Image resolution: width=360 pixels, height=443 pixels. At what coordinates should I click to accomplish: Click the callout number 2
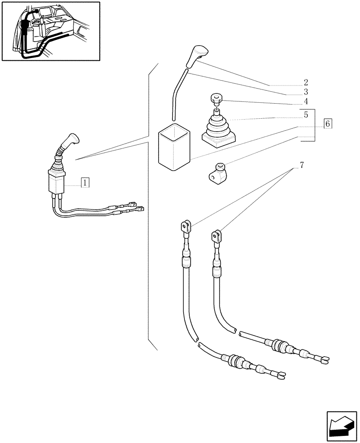coord(306,82)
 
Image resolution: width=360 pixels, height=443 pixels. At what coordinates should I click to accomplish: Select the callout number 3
coord(306,92)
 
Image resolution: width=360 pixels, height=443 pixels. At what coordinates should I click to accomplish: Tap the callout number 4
coord(306,101)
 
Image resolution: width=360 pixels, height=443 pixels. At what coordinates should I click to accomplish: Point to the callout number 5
coord(306,115)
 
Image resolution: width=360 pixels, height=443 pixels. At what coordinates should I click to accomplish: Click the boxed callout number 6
coord(327,124)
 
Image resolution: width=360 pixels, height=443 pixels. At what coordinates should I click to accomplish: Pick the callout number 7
coord(301,166)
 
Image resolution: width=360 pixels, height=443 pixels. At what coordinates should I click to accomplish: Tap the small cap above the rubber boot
coord(216,99)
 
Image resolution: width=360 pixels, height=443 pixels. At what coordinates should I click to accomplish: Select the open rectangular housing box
coord(175,146)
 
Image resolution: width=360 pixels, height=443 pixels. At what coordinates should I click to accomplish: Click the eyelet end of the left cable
coord(185,227)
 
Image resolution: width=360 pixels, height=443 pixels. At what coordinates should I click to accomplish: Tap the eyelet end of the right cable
coord(216,235)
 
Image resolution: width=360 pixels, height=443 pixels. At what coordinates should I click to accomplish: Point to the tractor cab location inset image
coord(51,31)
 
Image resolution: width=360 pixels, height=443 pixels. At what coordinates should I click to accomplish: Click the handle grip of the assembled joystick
coord(70,140)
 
